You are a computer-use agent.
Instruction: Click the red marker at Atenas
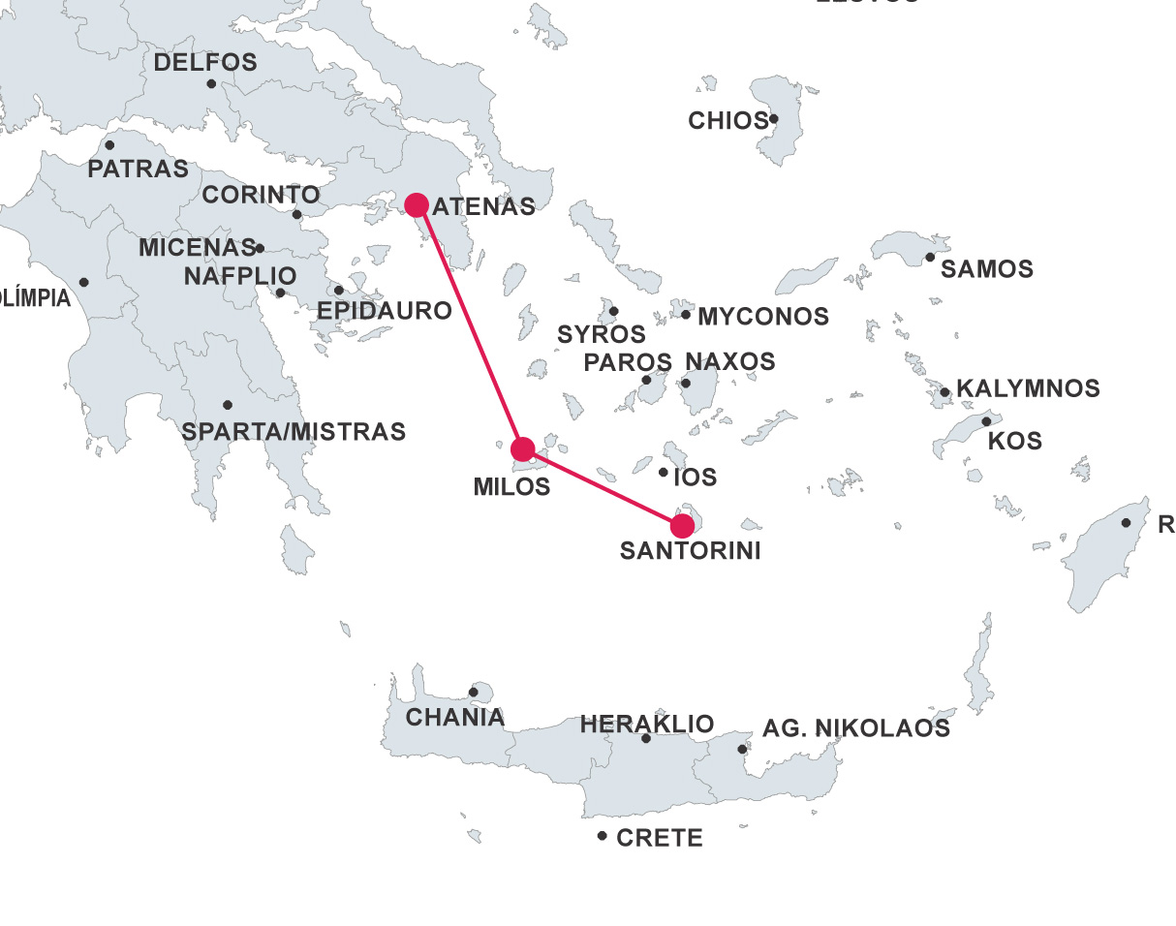tap(417, 204)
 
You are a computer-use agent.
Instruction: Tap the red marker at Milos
tap(522, 448)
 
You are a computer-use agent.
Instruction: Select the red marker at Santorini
tap(682, 526)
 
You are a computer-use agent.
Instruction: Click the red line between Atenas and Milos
tap(470, 327)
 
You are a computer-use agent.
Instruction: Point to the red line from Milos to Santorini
tap(603, 487)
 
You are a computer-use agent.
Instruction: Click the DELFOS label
tap(205, 63)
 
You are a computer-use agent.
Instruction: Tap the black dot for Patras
tap(109, 145)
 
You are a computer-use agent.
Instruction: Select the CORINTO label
tap(261, 195)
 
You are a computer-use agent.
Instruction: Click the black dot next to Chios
tap(773, 120)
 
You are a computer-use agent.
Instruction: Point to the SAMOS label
tap(987, 269)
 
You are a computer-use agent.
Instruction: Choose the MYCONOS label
tap(763, 317)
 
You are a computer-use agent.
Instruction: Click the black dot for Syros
tap(613, 311)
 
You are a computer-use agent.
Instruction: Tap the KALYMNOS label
tap(1028, 389)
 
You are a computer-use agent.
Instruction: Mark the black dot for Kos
tap(986, 421)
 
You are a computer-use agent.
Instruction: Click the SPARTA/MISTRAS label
tap(294, 432)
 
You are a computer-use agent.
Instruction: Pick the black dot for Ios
tap(664, 473)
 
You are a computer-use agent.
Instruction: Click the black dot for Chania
tap(473, 692)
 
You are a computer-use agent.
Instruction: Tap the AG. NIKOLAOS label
tap(856, 728)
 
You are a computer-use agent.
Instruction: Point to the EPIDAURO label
tap(385, 311)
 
